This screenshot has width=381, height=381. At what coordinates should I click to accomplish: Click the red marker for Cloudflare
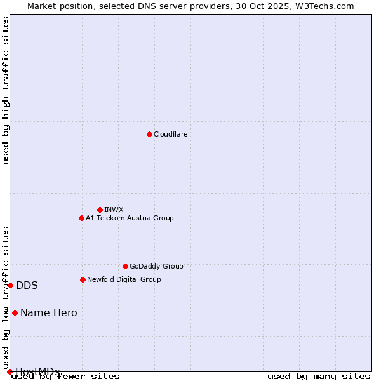(x=149, y=134)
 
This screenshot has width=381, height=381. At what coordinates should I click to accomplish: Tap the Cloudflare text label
(x=170, y=134)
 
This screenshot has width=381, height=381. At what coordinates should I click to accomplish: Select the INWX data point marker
(x=100, y=210)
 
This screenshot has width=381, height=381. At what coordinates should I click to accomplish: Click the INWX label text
(x=114, y=210)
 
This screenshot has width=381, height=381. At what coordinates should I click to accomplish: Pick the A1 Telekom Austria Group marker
(x=81, y=218)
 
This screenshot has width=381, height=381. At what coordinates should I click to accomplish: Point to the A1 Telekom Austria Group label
(x=130, y=218)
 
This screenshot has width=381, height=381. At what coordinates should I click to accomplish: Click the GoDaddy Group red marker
(x=125, y=266)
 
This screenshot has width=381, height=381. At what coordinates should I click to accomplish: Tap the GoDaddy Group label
(x=156, y=266)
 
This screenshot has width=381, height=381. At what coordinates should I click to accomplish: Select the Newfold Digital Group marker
(x=83, y=279)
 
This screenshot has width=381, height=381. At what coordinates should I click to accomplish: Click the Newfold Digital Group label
(x=124, y=279)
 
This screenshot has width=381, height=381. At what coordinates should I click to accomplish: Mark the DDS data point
(x=11, y=285)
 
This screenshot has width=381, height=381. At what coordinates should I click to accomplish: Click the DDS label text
(x=27, y=285)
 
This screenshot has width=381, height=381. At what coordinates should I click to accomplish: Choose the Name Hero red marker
(x=15, y=312)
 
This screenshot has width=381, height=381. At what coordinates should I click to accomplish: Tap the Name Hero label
(x=48, y=312)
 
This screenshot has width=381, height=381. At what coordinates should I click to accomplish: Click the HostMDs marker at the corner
(x=10, y=371)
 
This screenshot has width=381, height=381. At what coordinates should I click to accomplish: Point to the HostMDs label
(x=37, y=371)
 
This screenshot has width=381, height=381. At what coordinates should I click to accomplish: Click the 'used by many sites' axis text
(x=319, y=376)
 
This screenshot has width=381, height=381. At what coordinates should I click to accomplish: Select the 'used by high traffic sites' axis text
(x=6, y=90)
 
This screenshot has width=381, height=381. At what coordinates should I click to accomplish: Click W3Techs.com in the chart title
(x=323, y=6)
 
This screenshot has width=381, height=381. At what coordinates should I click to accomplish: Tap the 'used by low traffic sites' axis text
(x=6, y=297)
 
